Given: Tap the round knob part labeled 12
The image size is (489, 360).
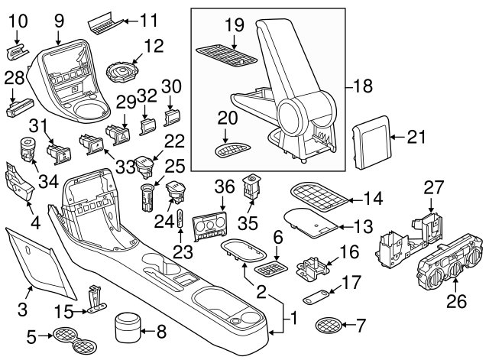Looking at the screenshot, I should (123, 73).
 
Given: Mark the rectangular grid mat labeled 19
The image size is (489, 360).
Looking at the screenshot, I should (226, 55).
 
